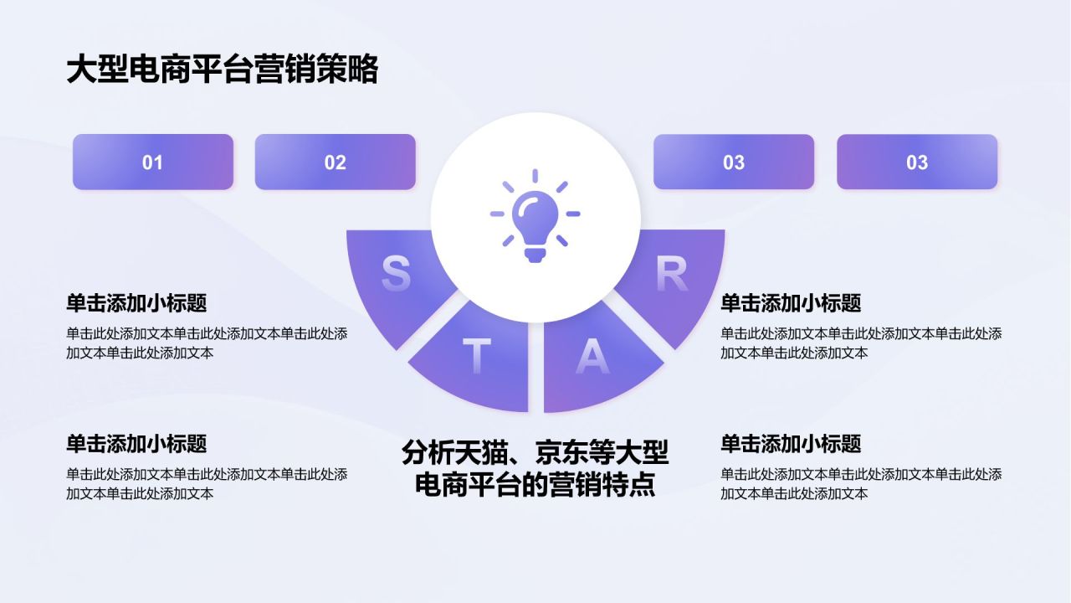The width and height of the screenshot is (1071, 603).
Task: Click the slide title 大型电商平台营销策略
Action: pyautogui.click(x=222, y=70)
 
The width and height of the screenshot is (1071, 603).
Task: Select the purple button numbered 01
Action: pyautogui.click(x=152, y=162)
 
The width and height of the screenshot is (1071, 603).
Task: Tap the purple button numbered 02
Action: pyautogui.click(x=335, y=162)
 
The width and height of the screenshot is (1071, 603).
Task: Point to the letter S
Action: pyautogui.click(x=396, y=274)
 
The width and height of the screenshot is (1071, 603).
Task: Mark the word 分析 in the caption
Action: pyautogui.click(x=428, y=453)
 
